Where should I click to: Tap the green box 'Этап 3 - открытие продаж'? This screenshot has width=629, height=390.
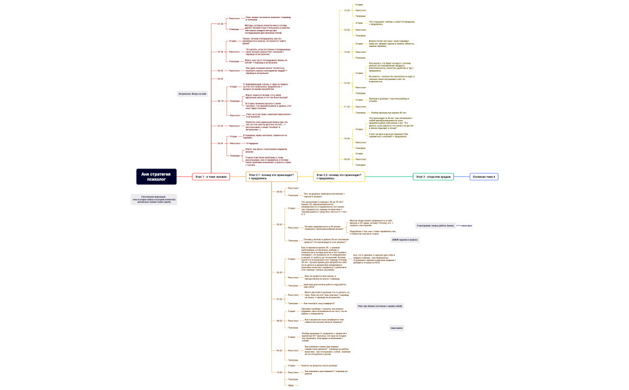pos(434,176)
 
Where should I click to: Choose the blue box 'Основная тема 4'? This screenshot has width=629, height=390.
pos(484,176)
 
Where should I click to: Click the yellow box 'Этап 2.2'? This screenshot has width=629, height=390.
pos(339,176)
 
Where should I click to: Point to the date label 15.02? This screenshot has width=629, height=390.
pos(347,10)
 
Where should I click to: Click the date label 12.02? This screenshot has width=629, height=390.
pos(347,83)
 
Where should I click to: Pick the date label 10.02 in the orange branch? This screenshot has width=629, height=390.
pos(279,372)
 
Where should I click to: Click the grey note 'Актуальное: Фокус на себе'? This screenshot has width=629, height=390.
pos(192,94)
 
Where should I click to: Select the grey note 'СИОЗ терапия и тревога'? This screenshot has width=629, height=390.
pos(405,239)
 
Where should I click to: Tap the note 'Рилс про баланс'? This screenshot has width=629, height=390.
pos(380,306)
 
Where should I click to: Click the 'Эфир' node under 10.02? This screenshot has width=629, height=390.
pos(291,385)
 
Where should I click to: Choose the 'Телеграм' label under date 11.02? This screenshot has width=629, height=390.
pos(361,112)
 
